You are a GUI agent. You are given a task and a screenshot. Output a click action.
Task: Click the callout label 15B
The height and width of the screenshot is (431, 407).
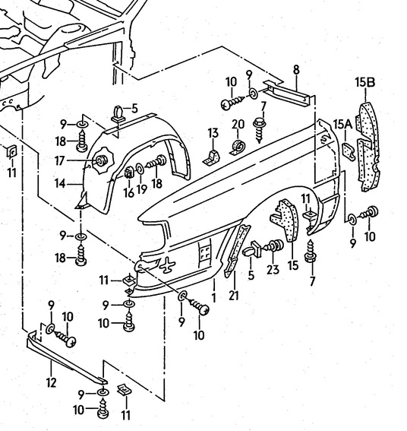click(x=365, y=82)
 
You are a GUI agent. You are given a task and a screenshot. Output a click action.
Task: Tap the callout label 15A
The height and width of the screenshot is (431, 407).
click(x=342, y=125)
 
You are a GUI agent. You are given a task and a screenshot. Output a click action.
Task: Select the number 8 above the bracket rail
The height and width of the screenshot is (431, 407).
click(x=296, y=70)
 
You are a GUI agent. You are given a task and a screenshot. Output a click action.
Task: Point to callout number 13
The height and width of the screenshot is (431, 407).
click(x=213, y=133)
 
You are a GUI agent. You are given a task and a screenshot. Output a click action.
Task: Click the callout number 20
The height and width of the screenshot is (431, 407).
click(x=238, y=124)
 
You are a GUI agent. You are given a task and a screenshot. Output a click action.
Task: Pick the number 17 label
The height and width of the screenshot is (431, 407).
click(x=59, y=161)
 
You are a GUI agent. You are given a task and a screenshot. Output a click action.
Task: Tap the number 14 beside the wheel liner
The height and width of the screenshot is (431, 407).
click(x=60, y=184)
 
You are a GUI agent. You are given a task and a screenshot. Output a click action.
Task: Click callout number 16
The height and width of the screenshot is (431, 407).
click(x=128, y=192)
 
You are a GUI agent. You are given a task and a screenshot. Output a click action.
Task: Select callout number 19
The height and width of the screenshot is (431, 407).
click(x=142, y=189)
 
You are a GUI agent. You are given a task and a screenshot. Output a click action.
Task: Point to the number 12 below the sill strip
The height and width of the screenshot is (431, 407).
click(x=51, y=382)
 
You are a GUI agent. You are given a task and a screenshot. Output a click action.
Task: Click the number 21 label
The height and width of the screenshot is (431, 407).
click(x=234, y=296)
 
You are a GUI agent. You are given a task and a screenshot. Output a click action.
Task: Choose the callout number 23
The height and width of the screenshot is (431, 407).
click(x=273, y=270)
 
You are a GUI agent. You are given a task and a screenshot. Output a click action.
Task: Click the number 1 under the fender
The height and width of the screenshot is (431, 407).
click(x=213, y=298)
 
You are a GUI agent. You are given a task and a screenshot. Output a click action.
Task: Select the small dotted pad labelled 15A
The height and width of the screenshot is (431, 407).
click(x=349, y=151)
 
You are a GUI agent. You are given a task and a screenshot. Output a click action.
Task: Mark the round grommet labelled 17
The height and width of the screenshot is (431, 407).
click(x=99, y=161)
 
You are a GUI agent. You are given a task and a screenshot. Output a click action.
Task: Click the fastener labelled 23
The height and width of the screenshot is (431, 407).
click(x=273, y=246)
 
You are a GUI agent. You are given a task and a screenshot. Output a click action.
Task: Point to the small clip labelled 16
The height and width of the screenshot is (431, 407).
click(x=129, y=173)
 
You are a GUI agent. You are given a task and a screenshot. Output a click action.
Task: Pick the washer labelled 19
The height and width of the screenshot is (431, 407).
click(x=140, y=169)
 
